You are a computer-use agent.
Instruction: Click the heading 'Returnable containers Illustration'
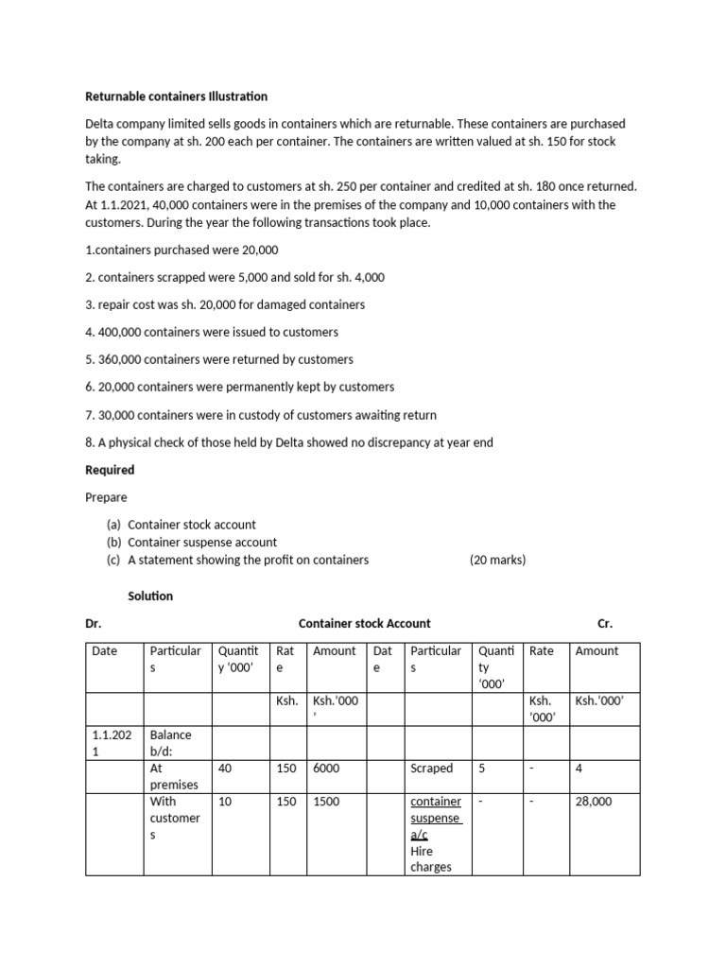click(x=177, y=96)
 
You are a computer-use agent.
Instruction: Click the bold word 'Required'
click(x=110, y=470)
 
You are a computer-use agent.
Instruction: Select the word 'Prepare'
click(x=106, y=496)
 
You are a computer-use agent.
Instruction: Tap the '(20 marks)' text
click(x=497, y=560)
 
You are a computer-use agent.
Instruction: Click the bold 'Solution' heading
click(x=150, y=596)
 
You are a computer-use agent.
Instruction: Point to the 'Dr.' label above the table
click(x=94, y=623)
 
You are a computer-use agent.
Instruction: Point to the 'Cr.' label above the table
click(x=605, y=623)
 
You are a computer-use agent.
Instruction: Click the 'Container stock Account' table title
click(x=364, y=623)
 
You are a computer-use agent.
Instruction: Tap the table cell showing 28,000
click(x=594, y=801)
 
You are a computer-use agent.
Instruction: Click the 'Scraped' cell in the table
click(x=431, y=769)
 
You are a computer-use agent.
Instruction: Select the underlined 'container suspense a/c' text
click(x=435, y=818)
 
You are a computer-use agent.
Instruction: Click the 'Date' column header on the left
click(x=105, y=650)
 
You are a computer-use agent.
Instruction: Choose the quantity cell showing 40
click(x=225, y=769)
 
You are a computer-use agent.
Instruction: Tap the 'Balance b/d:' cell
click(x=170, y=743)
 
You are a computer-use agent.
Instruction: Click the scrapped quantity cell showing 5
click(x=482, y=769)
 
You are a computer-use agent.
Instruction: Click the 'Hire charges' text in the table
click(x=431, y=859)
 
